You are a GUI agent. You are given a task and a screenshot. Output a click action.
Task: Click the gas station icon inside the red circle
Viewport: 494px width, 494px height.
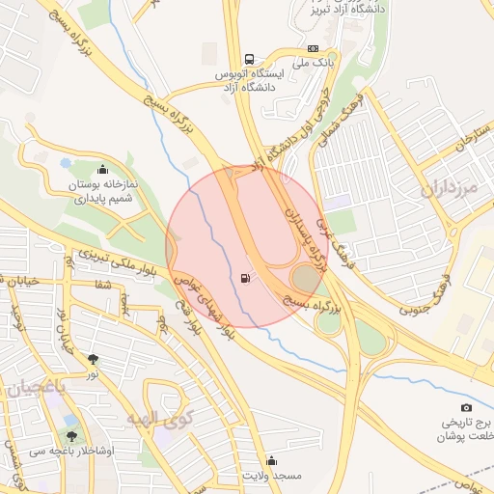click(246, 280)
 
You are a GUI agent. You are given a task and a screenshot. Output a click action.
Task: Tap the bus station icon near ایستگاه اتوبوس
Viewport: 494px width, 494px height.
click(250, 58)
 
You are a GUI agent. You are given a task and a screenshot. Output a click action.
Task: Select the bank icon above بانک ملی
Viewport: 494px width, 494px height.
click(313, 48)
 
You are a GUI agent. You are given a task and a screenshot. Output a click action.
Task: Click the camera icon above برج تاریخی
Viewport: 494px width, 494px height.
click(467, 408)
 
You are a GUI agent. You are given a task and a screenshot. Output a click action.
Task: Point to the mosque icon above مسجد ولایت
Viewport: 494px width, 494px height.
click(270, 460)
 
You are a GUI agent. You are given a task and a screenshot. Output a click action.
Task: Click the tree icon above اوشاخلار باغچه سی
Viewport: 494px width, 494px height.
click(70, 421)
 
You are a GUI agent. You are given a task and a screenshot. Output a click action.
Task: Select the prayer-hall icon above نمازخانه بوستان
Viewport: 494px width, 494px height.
click(102, 171)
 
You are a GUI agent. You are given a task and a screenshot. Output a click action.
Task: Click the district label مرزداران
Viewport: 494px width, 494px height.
click(450, 189)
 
